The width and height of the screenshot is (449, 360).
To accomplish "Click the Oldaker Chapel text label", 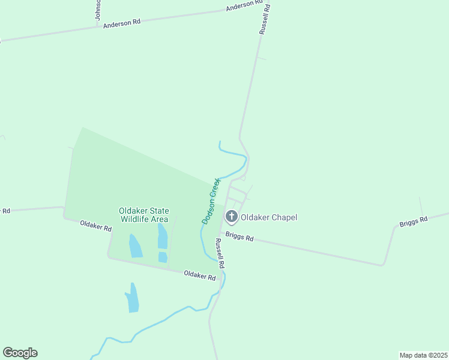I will tap(269, 217).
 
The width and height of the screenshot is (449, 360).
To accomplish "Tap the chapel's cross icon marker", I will tap(231, 216).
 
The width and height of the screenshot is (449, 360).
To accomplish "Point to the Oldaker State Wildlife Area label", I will tap(143, 215).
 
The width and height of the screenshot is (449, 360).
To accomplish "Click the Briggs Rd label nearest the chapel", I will tap(240, 237).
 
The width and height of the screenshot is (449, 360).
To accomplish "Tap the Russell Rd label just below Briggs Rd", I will tap(220, 253).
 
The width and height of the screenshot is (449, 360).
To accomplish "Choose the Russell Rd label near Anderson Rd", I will tap(264, 20).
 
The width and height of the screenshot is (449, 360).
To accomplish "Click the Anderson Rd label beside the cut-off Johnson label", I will tap(121, 23).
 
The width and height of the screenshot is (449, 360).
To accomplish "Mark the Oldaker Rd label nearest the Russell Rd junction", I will tap(199, 275).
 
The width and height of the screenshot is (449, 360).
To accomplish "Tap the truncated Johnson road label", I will tap(98, 10).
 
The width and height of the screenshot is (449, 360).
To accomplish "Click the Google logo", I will tap(20, 353).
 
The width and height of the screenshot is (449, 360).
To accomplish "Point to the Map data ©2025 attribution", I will tap(423, 355).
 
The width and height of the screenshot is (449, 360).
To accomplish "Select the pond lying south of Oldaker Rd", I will tap(133, 298).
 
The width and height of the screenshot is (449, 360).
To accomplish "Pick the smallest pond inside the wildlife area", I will tap(163, 257).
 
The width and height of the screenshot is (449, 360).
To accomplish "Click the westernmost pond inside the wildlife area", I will tap(135, 245).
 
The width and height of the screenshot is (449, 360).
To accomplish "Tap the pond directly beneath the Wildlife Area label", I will tap(162, 236).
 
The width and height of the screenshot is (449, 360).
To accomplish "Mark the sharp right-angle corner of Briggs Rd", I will tap(383, 265).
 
